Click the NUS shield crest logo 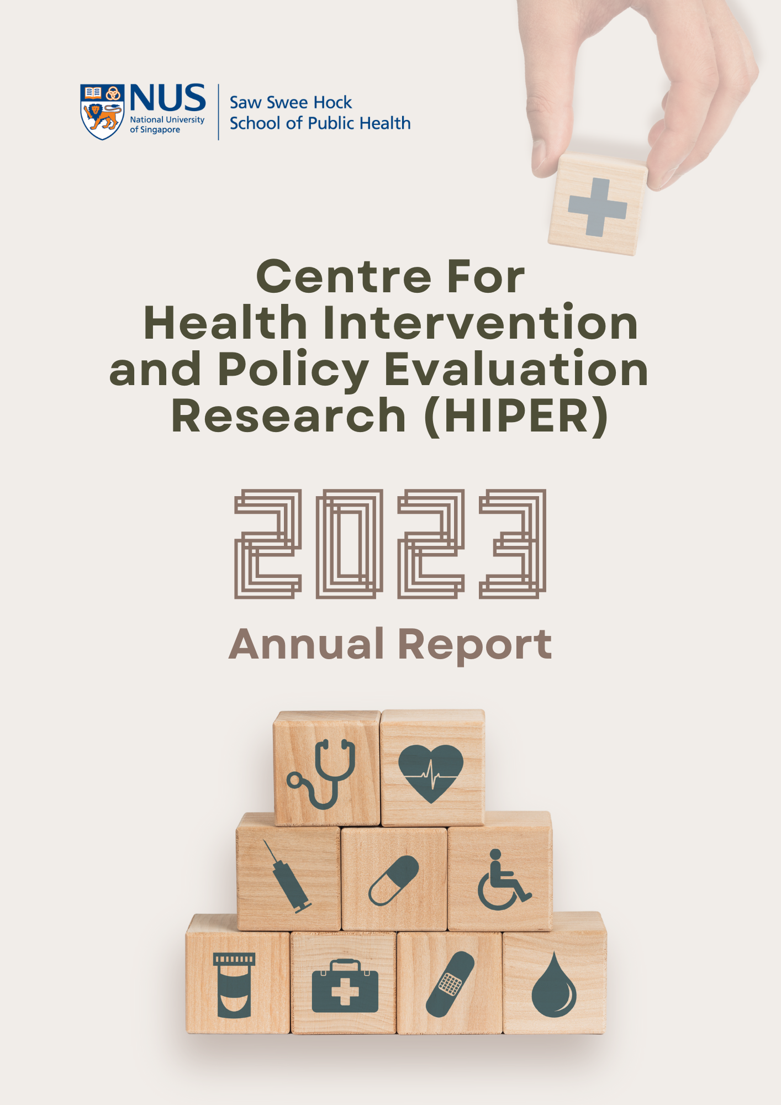click(x=102, y=112)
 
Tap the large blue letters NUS click(x=168, y=98)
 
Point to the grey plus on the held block click(x=598, y=207)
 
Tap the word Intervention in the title click(x=480, y=323)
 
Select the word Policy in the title click(x=293, y=370)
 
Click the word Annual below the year click(x=307, y=644)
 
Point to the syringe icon click(x=287, y=877)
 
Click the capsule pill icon click(x=394, y=881)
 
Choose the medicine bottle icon click(x=234, y=985)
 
